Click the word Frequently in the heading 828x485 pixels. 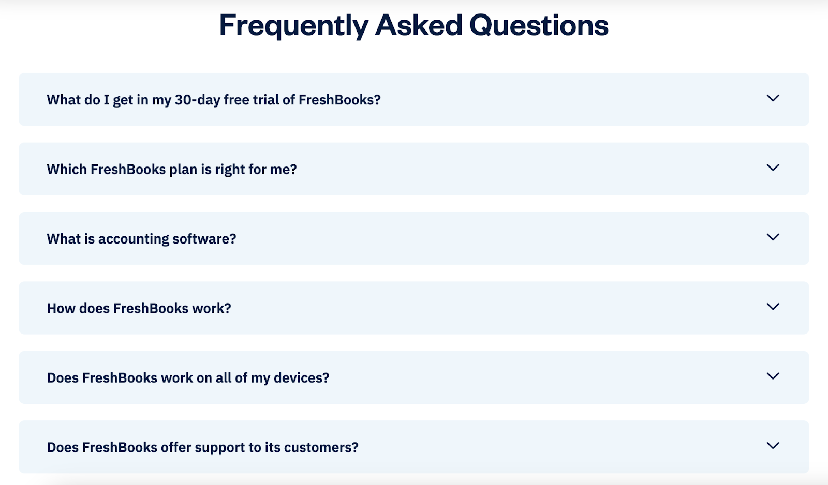293,25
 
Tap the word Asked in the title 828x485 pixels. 419,25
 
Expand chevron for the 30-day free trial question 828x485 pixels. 773,98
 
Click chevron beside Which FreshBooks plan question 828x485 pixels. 773,168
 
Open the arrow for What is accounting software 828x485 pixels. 773,237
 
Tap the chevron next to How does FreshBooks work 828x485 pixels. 773,307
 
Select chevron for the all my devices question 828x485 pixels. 773,376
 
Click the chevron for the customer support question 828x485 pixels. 773,446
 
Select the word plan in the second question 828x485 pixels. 183,170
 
